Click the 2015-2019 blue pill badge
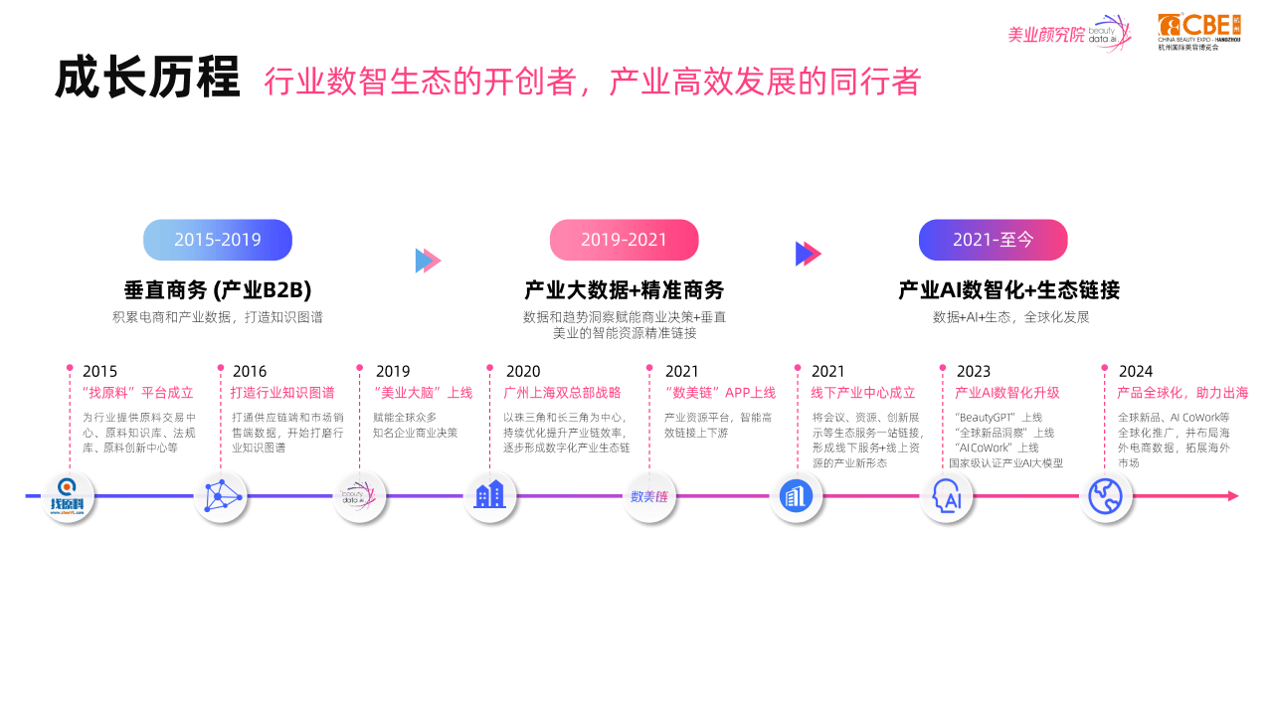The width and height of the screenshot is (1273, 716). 218,240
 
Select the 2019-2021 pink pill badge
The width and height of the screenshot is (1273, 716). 624,240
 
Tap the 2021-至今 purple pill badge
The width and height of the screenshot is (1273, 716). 993,240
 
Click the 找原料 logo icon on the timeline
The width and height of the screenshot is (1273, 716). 68,496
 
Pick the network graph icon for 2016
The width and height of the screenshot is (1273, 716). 221,496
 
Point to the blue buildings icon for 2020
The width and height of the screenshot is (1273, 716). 490,496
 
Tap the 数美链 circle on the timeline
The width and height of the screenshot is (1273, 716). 649,496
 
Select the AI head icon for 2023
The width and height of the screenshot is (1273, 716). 946,496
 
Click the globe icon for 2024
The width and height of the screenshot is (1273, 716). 1105,496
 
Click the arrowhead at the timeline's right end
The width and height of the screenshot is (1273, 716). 1233,496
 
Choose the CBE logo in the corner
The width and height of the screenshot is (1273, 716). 1199,32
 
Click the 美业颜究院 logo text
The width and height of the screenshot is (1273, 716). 1046,35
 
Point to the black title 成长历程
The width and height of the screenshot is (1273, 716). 147,78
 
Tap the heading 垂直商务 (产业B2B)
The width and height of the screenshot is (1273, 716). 218,289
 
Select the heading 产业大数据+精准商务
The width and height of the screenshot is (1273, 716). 624,289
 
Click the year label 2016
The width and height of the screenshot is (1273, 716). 250,372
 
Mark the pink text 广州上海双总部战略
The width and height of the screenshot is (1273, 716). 562,393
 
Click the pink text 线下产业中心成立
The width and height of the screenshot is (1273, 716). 862,393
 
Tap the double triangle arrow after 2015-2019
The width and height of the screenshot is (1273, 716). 428,261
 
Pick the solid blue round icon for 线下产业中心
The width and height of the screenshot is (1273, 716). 796,496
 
